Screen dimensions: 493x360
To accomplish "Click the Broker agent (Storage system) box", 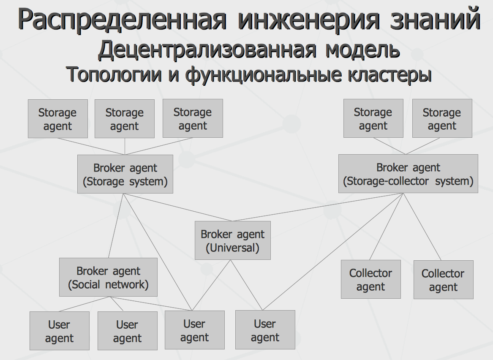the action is tap(125, 174).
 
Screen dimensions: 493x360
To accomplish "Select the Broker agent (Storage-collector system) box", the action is tap(408, 174).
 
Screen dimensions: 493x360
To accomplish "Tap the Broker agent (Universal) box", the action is tap(233, 240).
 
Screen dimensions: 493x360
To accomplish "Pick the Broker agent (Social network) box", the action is tap(108, 277).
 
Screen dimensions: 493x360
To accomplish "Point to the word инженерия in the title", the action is tap(309, 19).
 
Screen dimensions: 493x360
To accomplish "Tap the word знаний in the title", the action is tap(435, 19).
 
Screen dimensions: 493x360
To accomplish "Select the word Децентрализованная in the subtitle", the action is tap(207, 50).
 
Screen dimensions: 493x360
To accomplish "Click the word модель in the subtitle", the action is tap(362, 50).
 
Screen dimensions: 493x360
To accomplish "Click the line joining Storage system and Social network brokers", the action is tap(116, 226).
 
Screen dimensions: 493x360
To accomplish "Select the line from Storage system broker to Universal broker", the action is tap(178, 207).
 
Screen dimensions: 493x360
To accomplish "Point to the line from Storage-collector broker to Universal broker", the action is tap(318, 207).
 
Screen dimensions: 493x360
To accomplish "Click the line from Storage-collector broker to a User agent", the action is tap(333, 251).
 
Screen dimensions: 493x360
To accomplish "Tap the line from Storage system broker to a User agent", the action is tap(158, 252).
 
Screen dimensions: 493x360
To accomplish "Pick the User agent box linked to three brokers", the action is tap(195, 330).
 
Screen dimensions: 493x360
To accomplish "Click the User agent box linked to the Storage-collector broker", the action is tap(265, 330).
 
